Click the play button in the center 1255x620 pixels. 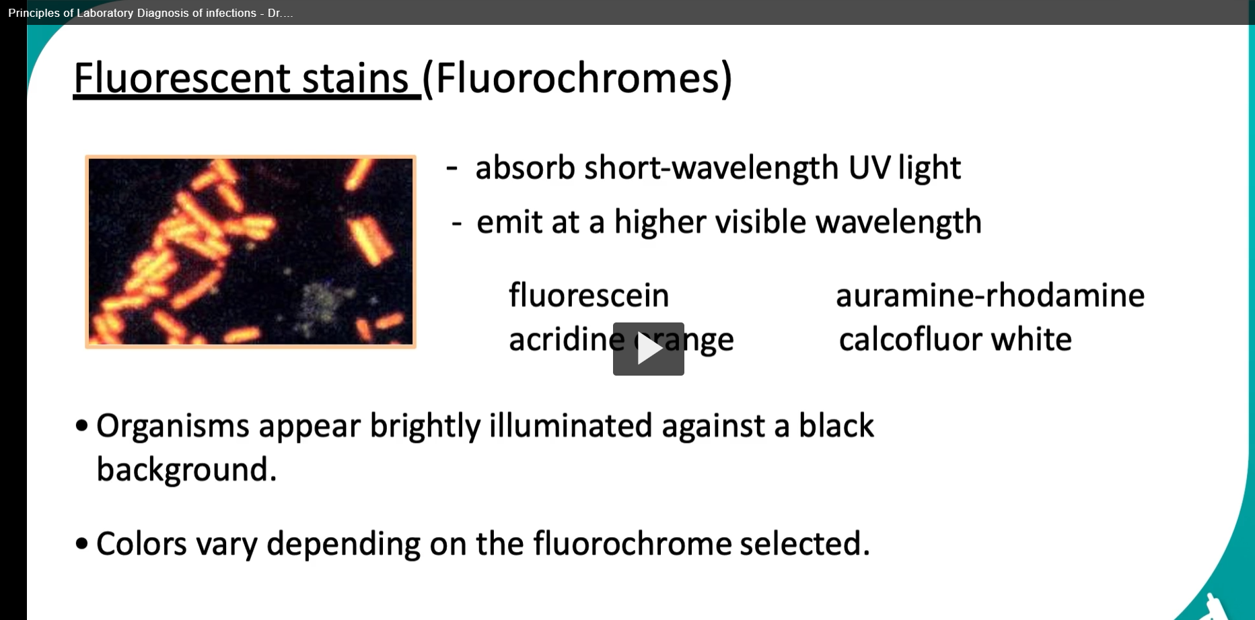point(648,349)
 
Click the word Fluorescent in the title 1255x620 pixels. point(182,78)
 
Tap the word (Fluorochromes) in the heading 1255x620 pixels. point(577,79)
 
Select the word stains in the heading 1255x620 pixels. point(355,78)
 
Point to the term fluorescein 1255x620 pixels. point(589,295)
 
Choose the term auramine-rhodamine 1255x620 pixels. point(990,295)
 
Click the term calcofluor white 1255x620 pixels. point(955,339)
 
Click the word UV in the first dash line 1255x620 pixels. point(869,168)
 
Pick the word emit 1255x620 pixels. point(509,222)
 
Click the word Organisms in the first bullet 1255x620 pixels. point(173,426)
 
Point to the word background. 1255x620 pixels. point(187,469)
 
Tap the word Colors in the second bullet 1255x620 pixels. point(141,543)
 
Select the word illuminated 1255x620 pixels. point(571,425)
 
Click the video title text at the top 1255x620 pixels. point(151,13)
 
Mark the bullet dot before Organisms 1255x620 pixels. point(81,425)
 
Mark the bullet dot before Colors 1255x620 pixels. point(81,543)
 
